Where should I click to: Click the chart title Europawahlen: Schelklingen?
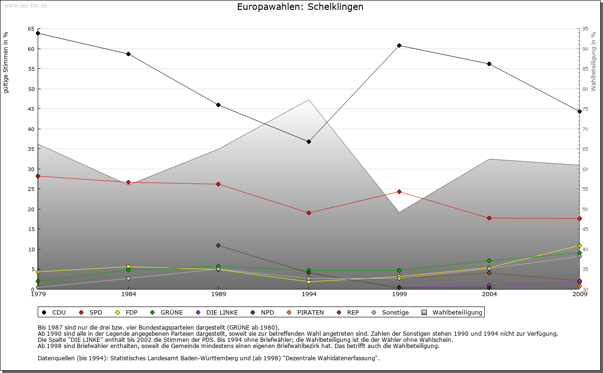click(300, 7)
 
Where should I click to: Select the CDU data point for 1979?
click(38, 33)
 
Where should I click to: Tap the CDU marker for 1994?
click(309, 141)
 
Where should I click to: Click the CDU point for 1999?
click(399, 45)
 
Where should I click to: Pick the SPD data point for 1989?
click(218, 184)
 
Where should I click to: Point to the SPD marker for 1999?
click(399, 191)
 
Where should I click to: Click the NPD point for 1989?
click(218, 245)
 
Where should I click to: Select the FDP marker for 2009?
click(579, 245)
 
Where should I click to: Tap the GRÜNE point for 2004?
click(489, 260)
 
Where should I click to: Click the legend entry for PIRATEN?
click(306, 312)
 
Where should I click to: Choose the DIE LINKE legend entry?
click(218, 312)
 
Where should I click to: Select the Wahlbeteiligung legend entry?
click(453, 312)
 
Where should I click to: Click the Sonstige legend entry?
click(391, 312)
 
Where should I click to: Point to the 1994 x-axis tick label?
click(309, 295)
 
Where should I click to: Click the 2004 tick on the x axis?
click(489, 295)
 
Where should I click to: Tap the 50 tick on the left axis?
click(31, 89)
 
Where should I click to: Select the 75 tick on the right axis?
click(585, 109)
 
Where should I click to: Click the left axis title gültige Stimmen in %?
click(6, 62)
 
